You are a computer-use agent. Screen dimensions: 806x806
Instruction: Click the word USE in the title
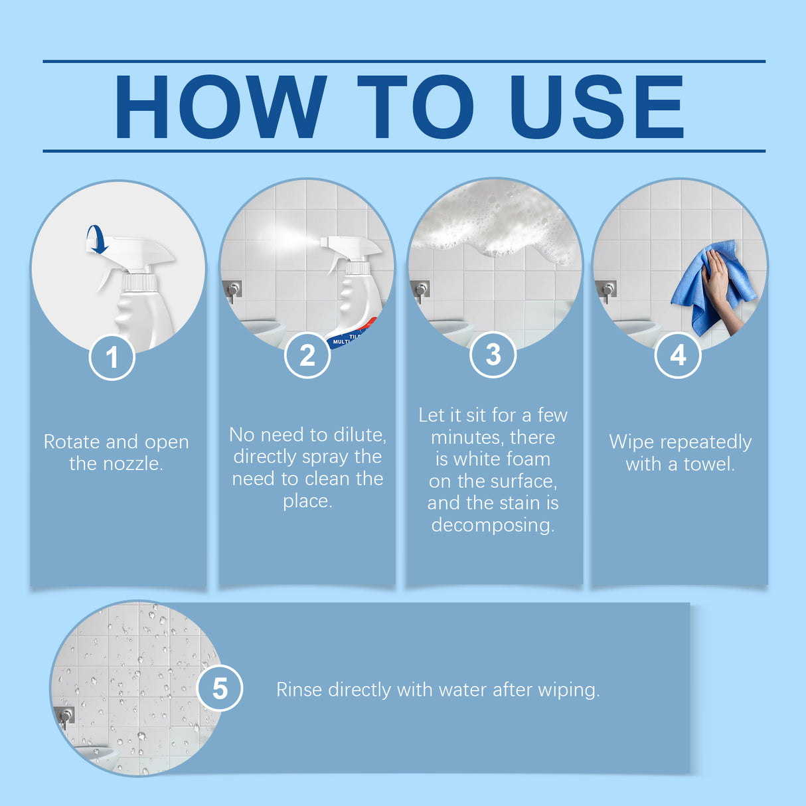point(596,107)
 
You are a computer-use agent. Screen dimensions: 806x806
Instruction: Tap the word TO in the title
point(415,107)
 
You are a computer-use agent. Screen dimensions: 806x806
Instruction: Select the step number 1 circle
point(112,358)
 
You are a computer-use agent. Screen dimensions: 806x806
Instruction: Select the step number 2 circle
point(307,356)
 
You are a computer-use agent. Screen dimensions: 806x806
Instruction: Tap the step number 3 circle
point(493,355)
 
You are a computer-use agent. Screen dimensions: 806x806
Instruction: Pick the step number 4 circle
point(677,355)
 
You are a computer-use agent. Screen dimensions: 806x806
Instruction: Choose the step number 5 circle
point(220,688)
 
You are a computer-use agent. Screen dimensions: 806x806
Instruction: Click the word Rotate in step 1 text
point(72,442)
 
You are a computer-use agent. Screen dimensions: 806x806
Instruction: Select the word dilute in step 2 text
point(359,435)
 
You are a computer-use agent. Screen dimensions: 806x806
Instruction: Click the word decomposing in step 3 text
point(493,525)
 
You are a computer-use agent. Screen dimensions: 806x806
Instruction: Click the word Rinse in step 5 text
point(299,690)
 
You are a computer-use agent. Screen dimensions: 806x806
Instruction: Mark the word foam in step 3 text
point(528,459)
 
